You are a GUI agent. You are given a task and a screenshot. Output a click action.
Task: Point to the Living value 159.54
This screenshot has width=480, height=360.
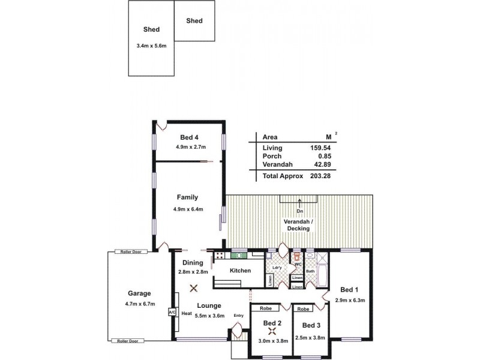pyautogui.click(x=321, y=148)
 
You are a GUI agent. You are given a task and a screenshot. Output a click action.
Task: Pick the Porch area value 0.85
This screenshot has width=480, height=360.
pyautogui.click(x=325, y=156)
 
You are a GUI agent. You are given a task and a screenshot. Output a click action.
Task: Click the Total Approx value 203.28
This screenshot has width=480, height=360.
pyautogui.click(x=321, y=176)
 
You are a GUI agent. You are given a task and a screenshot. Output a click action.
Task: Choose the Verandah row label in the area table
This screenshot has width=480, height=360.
pyautogui.click(x=277, y=164)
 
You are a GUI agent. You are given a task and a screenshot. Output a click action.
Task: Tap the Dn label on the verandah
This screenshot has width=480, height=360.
pyautogui.click(x=299, y=211)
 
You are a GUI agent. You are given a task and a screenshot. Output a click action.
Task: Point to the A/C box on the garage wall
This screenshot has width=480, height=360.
pyautogui.click(x=172, y=313)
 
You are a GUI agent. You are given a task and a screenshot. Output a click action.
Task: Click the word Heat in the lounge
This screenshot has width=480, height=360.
pyautogui.click(x=187, y=313)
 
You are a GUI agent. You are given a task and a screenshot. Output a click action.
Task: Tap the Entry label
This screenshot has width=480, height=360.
pyautogui.click(x=238, y=316)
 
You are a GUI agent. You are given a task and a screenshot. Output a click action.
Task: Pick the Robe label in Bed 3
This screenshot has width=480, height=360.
pyautogui.click(x=303, y=310)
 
